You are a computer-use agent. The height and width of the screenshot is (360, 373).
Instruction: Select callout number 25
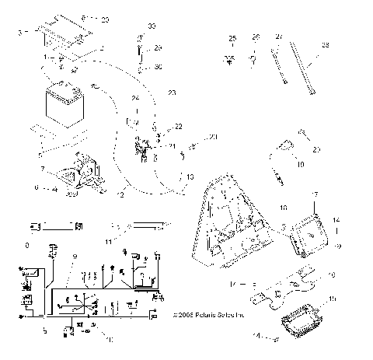231,38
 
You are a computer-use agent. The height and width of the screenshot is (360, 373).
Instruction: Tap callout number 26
254,38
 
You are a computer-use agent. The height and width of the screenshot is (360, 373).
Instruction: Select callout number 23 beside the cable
171,93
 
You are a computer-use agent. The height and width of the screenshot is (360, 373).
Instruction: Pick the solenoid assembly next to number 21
143,148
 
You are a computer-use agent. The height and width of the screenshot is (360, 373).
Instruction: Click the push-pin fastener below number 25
231,58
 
